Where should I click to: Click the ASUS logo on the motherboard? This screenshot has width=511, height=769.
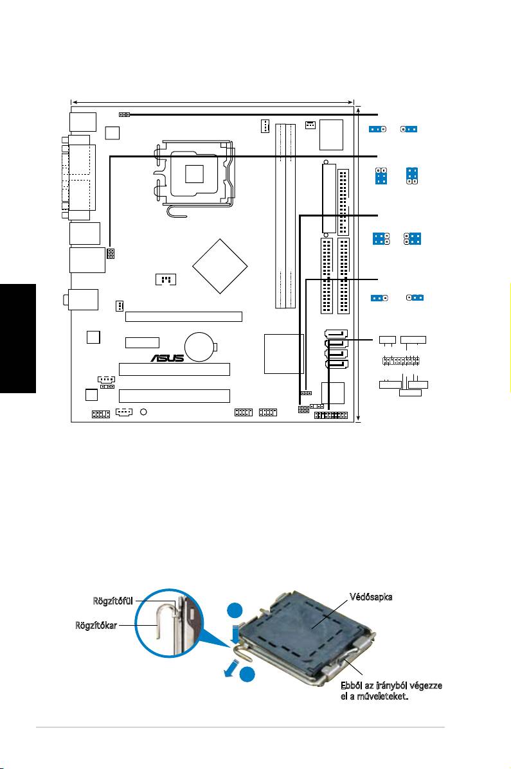click(x=167, y=358)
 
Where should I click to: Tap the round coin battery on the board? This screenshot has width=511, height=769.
click(x=200, y=347)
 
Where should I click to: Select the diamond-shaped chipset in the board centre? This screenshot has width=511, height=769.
click(x=219, y=267)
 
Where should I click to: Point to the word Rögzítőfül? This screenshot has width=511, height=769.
click(x=113, y=601)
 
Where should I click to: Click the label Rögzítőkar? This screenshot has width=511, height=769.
click(x=96, y=625)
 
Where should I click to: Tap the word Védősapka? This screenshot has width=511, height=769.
click(x=371, y=597)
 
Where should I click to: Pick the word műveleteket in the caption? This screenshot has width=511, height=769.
click(x=385, y=696)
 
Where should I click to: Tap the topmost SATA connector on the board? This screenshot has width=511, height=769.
click(x=336, y=334)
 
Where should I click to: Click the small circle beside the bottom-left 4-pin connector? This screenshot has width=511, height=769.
click(x=143, y=412)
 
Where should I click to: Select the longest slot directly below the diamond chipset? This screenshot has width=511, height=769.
click(x=184, y=317)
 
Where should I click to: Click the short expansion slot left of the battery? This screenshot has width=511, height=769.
click(x=142, y=342)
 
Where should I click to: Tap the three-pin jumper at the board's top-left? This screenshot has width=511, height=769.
click(x=124, y=114)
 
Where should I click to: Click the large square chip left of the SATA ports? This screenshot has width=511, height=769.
click(x=283, y=353)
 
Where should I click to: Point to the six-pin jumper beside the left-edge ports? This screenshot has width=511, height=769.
click(x=111, y=254)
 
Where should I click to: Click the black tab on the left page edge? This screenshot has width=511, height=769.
click(x=18, y=339)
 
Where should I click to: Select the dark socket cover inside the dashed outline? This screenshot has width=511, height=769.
click(x=312, y=629)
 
